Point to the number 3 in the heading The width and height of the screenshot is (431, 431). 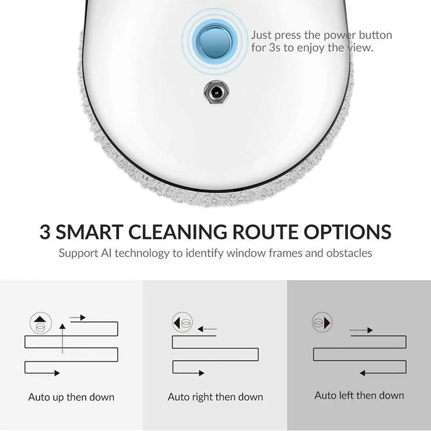[45, 232]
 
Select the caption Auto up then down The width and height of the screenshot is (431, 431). [71, 397]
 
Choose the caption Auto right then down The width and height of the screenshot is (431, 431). [215, 397]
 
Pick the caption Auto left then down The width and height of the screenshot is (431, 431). [359, 395]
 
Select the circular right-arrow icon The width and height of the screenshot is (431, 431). [322, 323]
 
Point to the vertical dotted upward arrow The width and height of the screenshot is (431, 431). [62, 337]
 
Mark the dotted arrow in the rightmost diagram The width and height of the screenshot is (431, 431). [362, 330]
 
